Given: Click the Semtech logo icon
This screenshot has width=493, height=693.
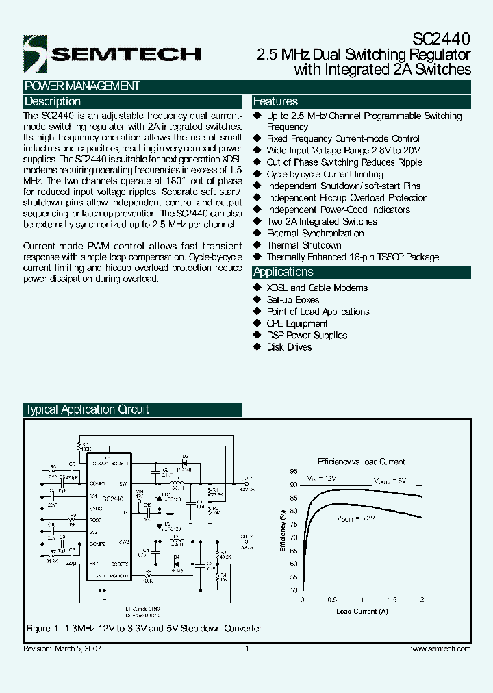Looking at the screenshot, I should [34, 53].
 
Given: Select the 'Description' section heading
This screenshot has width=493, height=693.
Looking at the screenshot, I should [53, 101].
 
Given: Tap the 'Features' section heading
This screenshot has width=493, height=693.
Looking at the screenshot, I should [275, 101].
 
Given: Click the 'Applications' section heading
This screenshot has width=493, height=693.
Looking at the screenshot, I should [283, 273].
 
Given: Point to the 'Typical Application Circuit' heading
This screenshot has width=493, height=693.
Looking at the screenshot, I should [87, 409].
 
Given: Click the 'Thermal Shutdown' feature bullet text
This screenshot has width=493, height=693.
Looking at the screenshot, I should [304, 245].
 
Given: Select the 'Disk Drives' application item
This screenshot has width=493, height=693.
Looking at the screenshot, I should [289, 347].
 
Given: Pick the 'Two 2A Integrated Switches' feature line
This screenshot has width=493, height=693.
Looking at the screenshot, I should [322, 221].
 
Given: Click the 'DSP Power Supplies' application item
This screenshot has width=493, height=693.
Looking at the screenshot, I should [307, 336].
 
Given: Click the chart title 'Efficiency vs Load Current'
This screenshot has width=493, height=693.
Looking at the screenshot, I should [361, 462].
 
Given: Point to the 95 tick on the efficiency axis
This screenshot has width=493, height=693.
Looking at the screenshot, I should [293, 472].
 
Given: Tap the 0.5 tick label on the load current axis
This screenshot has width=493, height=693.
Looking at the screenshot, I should [332, 598].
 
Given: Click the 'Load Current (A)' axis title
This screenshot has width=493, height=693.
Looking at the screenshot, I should [362, 610].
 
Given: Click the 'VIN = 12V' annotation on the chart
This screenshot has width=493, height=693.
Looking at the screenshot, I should [321, 479].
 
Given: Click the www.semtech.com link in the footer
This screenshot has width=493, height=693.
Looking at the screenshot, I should [440, 648].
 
